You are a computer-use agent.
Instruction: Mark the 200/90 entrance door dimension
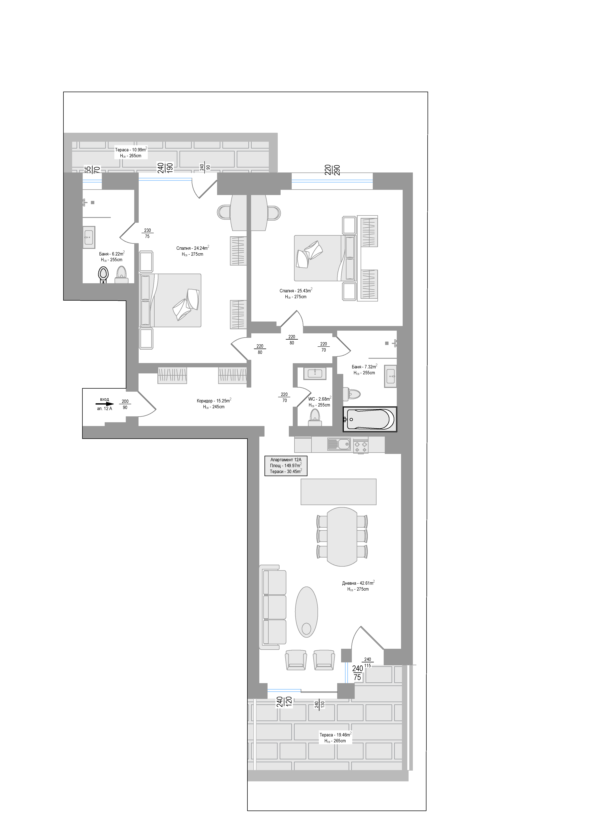[x=125, y=404]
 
